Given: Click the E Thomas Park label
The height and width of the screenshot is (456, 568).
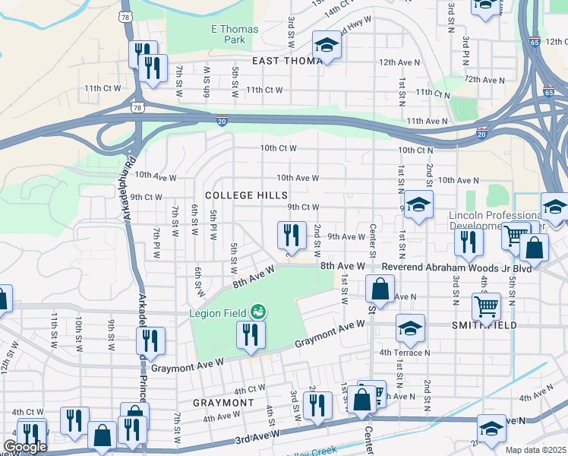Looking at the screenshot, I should coord(234,34).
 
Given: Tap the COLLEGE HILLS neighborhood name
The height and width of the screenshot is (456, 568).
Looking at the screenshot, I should coord(238,195).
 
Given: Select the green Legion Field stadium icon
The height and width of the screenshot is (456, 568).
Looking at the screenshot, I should coord(258,312).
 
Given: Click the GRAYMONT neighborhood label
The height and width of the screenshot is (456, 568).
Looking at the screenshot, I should coord(223,402).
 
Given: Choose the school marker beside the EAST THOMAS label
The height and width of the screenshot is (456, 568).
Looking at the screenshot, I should coord(327,45).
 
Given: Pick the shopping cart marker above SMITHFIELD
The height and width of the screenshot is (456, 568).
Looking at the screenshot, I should coord(486,306).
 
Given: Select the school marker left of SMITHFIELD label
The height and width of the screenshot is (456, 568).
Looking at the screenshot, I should coord(409,328).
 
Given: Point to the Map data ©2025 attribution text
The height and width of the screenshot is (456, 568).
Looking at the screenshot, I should coord(535,450).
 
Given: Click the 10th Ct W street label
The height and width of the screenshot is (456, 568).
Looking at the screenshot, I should coord(278,148).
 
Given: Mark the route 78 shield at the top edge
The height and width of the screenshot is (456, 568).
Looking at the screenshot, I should coord(126,15).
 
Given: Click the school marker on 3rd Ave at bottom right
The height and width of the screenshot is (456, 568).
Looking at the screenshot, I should coord(491,429).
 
